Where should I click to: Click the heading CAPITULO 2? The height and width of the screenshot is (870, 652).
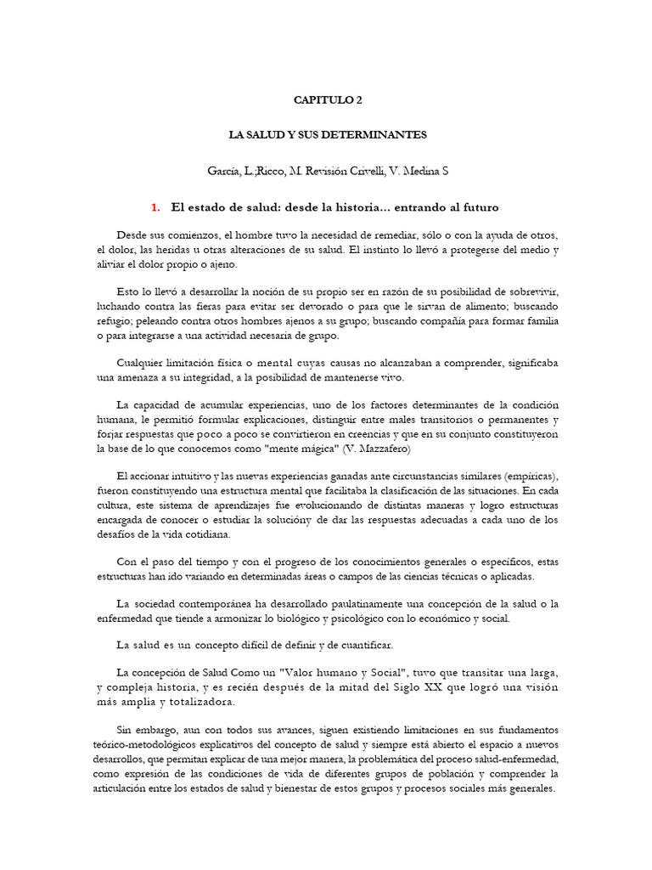[x=327, y=99]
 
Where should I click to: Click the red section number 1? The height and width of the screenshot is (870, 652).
[x=155, y=207]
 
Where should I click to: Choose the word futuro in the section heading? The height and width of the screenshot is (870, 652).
[x=477, y=207]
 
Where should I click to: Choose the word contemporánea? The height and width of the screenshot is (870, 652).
[x=222, y=603]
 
